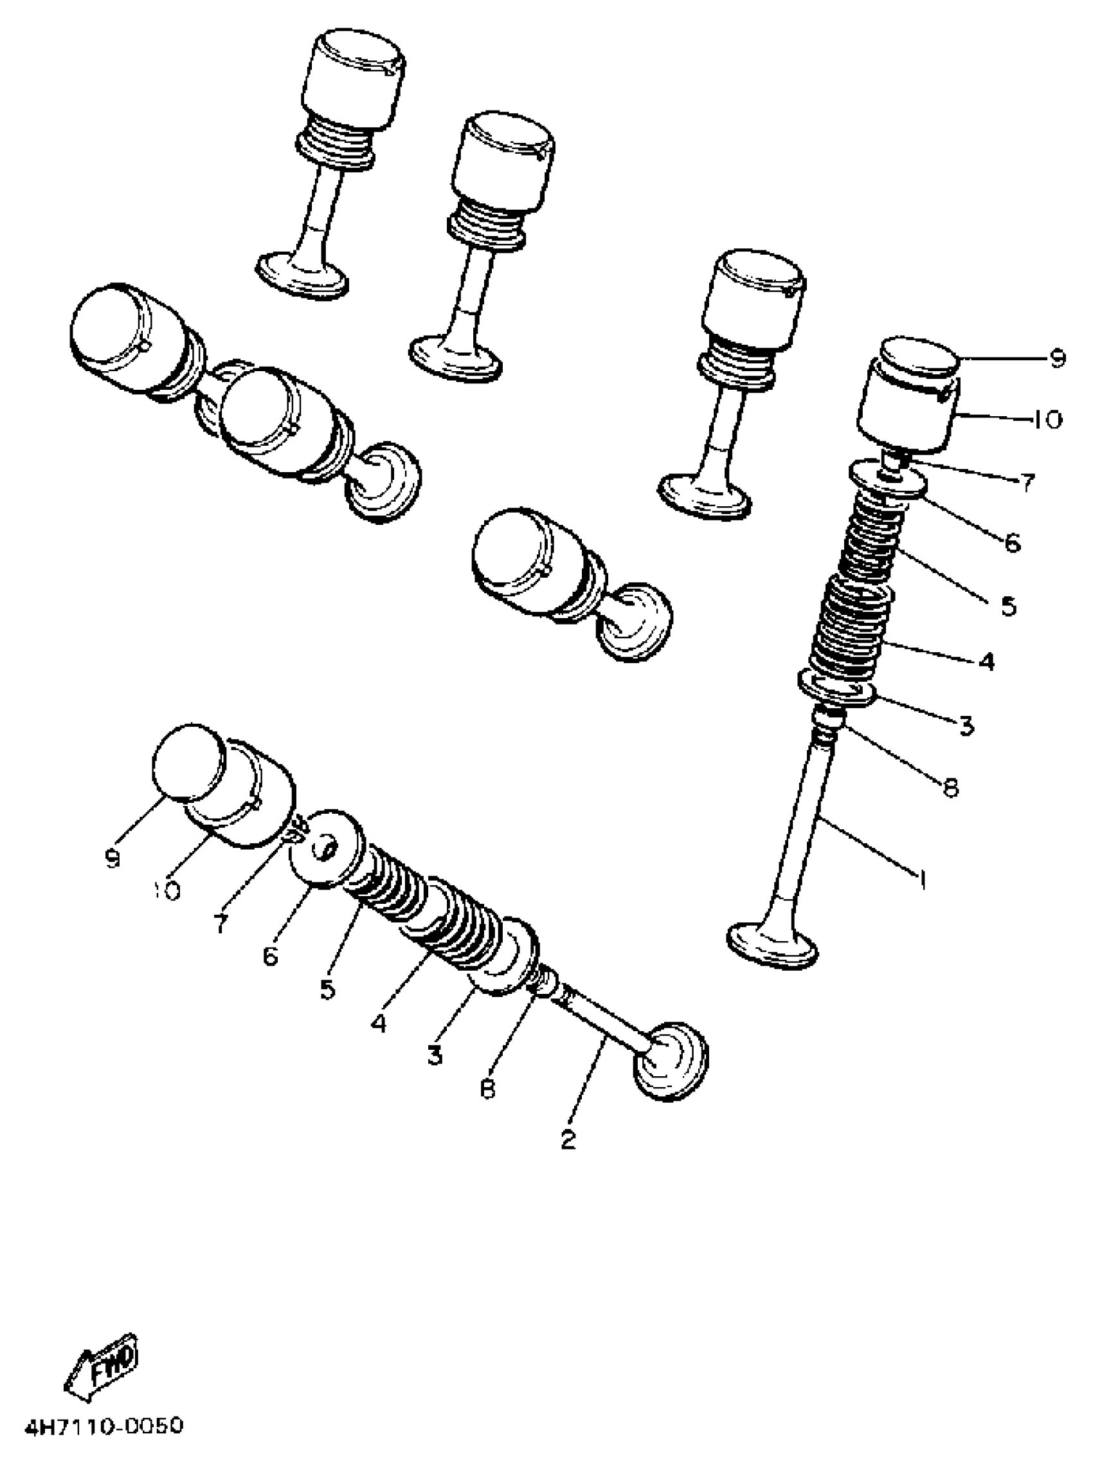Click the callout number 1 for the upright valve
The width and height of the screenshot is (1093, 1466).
[x=920, y=879]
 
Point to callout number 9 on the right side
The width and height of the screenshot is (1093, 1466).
[x=1056, y=358]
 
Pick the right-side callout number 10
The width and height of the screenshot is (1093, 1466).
[x=1047, y=419]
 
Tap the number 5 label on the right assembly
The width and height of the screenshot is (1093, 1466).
[x=1008, y=606]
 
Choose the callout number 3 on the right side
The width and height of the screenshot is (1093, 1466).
[x=966, y=727]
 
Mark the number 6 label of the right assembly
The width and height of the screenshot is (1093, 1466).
[x=1012, y=543]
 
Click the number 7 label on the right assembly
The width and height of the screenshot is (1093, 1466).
[x=1026, y=483]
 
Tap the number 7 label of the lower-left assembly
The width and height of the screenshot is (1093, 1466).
[x=221, y=923]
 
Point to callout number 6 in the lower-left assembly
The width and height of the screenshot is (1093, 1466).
[x=270, y=957]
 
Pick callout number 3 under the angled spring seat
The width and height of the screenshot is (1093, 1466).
[x=434, y=1054]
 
